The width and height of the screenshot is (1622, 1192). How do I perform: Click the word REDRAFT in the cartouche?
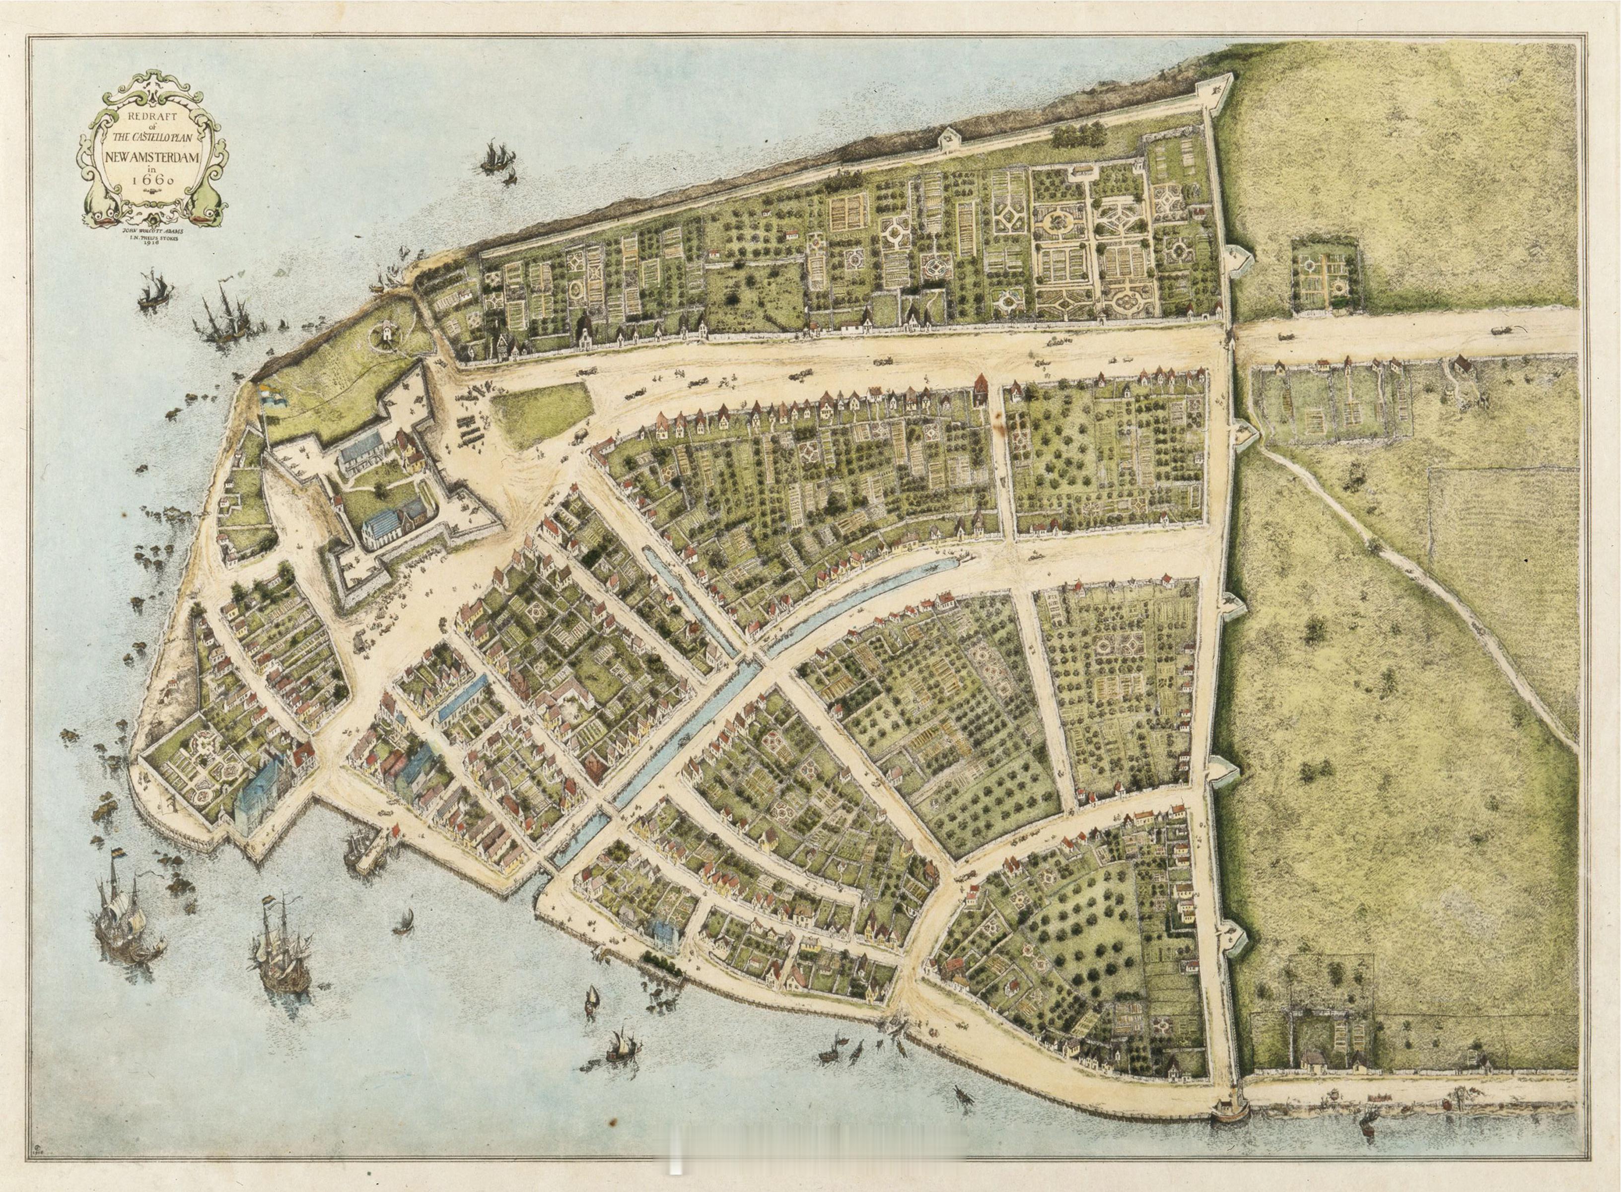[152, 117]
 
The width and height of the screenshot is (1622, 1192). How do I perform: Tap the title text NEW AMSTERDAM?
[152, 156]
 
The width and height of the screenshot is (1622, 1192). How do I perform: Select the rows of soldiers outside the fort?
[470, 426]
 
